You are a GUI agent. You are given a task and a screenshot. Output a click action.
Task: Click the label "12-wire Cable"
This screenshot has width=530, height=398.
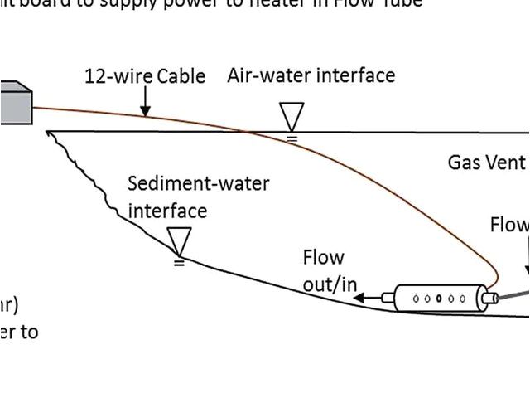pos(145,77)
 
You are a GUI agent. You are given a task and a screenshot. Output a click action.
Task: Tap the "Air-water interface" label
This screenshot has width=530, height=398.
pos(311,76)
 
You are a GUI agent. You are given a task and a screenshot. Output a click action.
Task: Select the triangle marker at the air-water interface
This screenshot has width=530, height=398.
pos(291,116)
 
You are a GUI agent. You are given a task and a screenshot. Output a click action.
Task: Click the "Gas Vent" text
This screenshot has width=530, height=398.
pos(487,162)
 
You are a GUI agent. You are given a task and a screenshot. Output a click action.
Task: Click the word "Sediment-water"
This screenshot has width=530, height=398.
pos(199,183)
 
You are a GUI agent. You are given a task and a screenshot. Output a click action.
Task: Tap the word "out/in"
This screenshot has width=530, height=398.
pos(330,284)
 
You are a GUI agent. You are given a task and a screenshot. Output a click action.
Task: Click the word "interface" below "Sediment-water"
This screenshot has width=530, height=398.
pos(166,211)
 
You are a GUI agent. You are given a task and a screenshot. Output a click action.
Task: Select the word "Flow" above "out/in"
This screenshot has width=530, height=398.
pos(323,258)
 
